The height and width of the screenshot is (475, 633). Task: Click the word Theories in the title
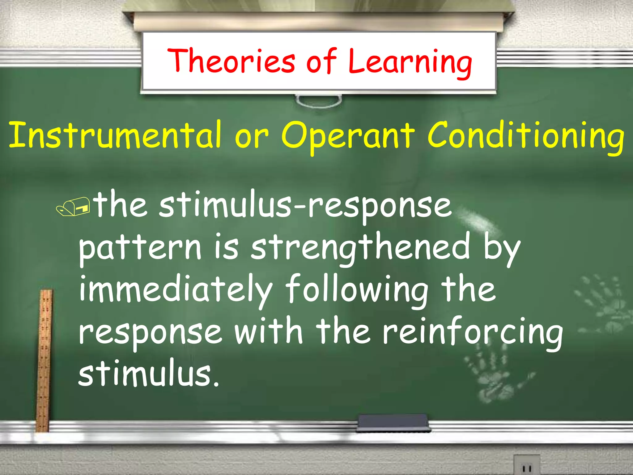pyautogui.click(x=231, y=61)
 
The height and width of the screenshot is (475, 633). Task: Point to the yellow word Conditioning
pyautogui.click(x=525, y=136)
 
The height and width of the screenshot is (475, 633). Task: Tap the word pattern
pyautogui.click(x=140, y=249)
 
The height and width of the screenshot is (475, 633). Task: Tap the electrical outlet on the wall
pyautogui.click(x=526, y=465)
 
